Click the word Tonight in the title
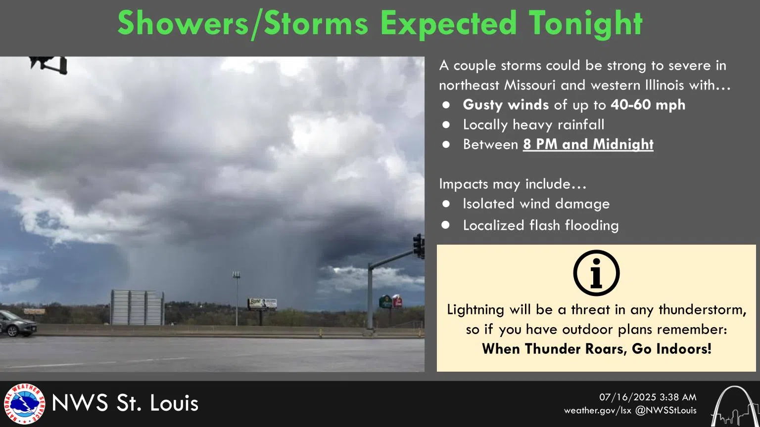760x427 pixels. [585, 23]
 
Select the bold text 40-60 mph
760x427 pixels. [648, 105]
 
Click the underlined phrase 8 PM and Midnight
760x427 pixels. [588, 144]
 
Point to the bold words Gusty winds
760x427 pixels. [505, 105]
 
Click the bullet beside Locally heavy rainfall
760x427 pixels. [446, 125]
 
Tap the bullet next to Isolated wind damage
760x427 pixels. [446, 204]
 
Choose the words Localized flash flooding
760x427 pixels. [540, 225]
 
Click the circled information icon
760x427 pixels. [596, 273]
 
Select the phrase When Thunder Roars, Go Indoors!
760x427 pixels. [596, 349]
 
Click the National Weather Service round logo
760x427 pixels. [24, 404]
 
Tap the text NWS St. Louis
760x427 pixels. [125, 403]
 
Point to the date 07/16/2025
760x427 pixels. [628, 397]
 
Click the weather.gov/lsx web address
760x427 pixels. [597, 411]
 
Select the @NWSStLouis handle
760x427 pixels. [665, 411]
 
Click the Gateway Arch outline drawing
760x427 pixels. [735, 407]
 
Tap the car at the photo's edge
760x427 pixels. [17, 324]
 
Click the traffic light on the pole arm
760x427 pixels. [419, 246]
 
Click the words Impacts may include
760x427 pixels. [512, 184]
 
